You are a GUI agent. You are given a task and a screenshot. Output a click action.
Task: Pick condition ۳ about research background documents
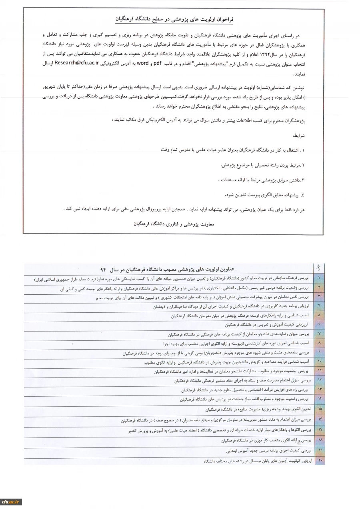click(x=261, y=180)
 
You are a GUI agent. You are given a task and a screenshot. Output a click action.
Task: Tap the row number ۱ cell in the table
click(x=319, y=277)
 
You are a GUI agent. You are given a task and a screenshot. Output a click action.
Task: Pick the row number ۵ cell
click(x=319, y=315)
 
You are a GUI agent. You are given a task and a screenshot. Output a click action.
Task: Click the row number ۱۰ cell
click(x=319, y=362)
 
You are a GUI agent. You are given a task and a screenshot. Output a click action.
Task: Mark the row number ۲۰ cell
click(x=319, y=461)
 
